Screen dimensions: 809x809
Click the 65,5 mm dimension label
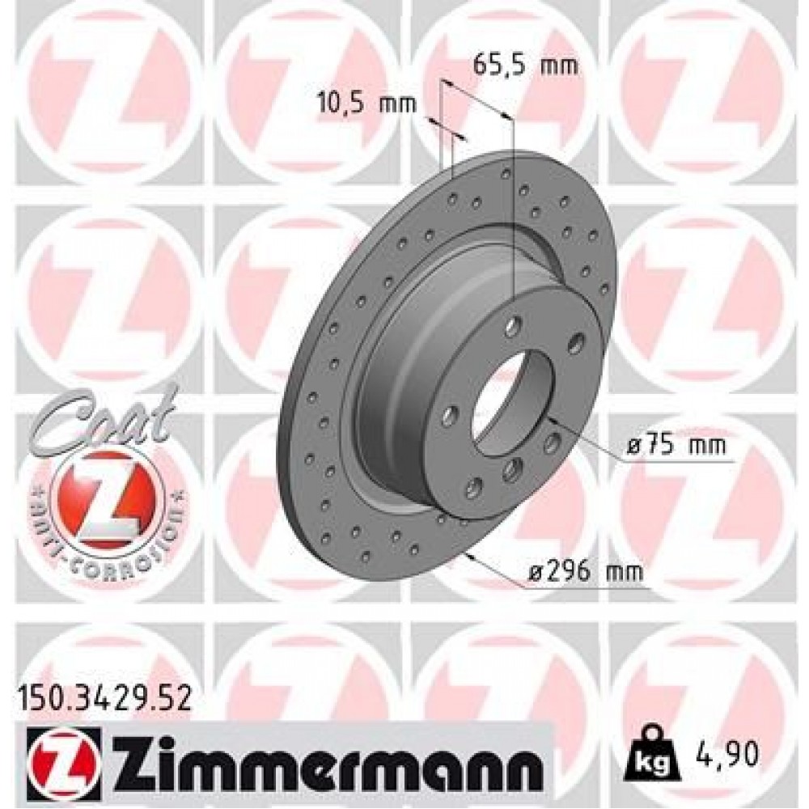[x=525, y=65]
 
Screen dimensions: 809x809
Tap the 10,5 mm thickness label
[x=365, y=103]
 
